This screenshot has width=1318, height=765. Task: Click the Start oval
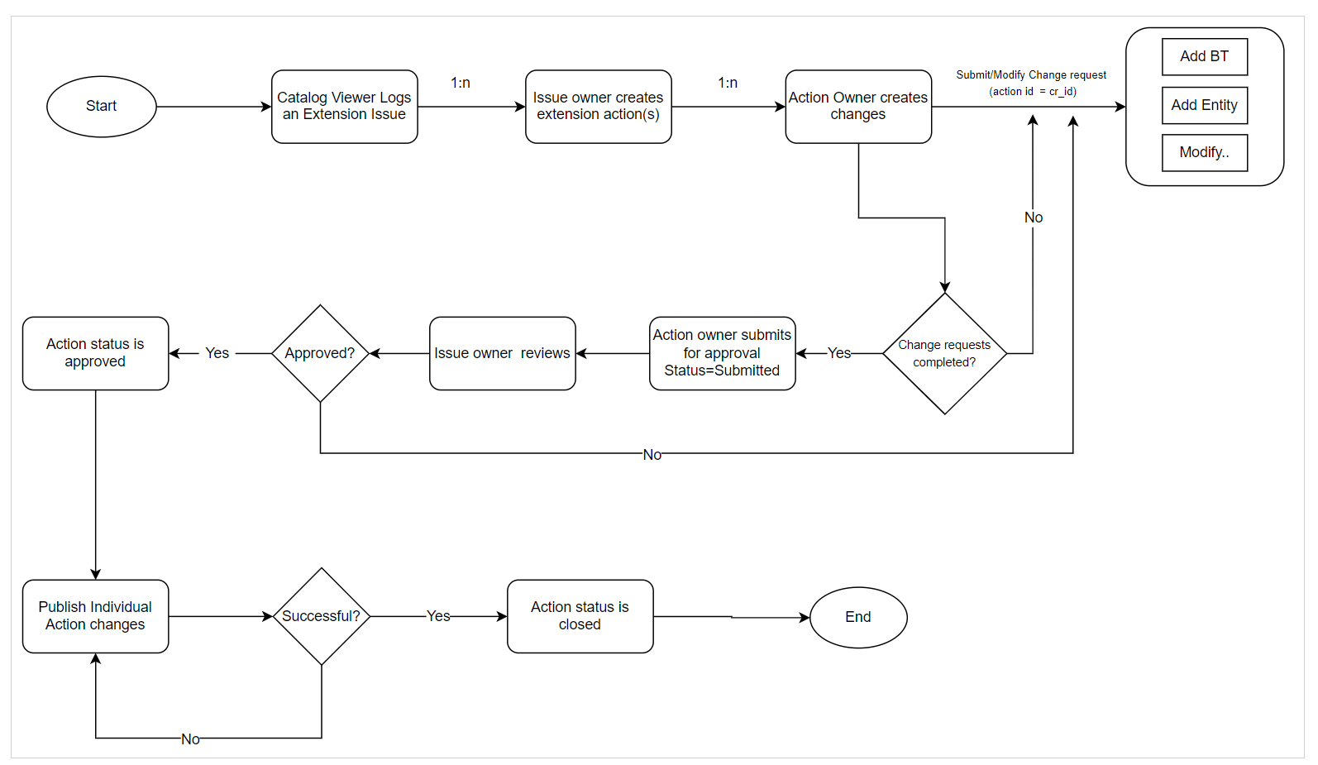click(101, 107)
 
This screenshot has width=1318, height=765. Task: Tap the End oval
click(857, 617)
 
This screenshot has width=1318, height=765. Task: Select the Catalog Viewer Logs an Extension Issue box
click(344, 107)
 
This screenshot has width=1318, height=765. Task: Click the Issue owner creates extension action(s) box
click(598, 107)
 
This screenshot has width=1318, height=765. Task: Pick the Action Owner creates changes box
click(857, 107)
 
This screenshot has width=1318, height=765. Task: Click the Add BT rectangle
click(1204, 57)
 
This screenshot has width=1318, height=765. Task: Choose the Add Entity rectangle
click(1204, 105)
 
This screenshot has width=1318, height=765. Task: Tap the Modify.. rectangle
click(1204, 152)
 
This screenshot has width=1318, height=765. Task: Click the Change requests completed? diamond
click(944, 354)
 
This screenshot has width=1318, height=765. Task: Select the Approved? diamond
click(320, 353)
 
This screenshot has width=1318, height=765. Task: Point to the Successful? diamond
click(321, 616)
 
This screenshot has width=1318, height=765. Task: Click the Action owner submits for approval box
click(722, 353)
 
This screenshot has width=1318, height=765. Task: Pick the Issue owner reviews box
click(502, 353)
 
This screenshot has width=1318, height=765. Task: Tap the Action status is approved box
click(95, 353)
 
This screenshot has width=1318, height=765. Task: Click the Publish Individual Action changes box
click(95, 616)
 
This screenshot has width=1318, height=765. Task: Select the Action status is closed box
click(580, 616)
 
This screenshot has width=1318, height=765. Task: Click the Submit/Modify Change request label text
click(1031, 75)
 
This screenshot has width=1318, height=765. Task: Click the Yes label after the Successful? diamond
click(438, 616)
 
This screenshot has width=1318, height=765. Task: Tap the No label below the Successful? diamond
click(190, 739)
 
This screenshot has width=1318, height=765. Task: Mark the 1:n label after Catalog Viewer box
click(461, 83)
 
